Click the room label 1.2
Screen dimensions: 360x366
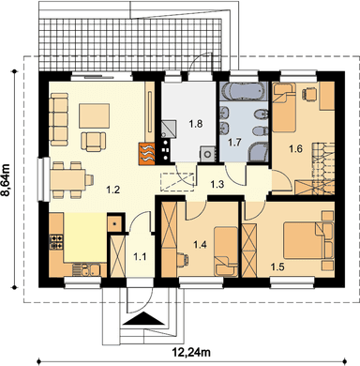coord(112,190)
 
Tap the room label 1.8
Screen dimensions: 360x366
coord(196,124)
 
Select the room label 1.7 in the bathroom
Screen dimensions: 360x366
coord(234,143)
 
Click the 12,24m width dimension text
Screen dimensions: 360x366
coord(191,353)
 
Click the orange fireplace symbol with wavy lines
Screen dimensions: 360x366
coord(146,154)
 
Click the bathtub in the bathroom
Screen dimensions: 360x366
coord(244,91)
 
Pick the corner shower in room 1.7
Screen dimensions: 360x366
coord(258,153)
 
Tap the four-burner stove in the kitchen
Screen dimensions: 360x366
coord(56,242)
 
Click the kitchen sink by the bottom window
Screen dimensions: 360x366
coord(86,269)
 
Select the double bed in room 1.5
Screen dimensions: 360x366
coord(308,240)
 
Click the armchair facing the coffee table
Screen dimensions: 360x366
coord(94,141)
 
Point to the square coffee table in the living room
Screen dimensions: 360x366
coord(95,116)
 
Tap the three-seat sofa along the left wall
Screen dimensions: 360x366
coord(58,119)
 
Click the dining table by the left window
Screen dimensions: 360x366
coord(68,179)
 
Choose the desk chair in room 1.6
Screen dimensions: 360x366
coord(309,94)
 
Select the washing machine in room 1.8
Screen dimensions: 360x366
coord(208,154)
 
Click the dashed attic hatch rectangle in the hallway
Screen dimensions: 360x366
coord(177,181)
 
